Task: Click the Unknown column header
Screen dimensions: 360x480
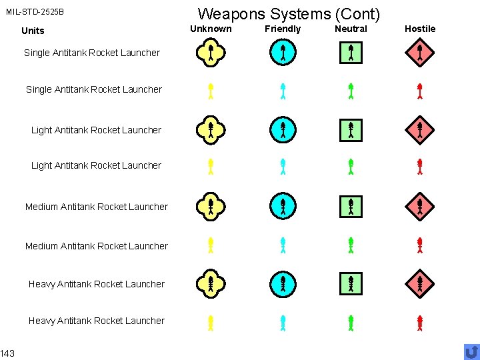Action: point(211,29)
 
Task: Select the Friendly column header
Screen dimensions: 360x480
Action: point(283,29)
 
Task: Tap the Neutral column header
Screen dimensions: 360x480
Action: point(351,29)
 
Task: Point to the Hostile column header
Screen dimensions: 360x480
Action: point(420,29)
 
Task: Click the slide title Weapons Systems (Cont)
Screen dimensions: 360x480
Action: point(289,13)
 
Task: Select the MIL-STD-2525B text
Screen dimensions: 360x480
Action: point(35,12)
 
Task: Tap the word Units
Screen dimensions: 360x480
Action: point(33,31)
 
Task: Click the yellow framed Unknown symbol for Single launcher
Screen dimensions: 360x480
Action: point(210,53)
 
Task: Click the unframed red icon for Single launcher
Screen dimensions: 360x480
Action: point(420,91)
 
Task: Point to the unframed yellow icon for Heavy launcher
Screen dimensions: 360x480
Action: point(210,323)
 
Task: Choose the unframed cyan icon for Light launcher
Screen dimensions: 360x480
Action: point(283,167)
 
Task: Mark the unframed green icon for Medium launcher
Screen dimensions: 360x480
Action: point(351,245)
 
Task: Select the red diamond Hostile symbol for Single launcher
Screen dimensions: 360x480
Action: point(420,53)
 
